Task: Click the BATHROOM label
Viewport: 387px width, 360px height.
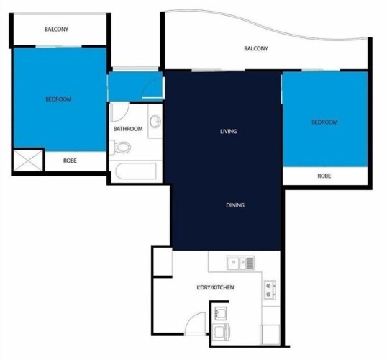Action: tap(128, 129)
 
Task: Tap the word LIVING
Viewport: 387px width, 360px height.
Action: tap(228, 132)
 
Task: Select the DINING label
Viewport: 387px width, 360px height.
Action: tap(235, 205)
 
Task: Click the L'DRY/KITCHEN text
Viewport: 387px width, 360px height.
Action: tap(215, 287)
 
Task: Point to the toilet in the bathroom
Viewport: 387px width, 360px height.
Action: tap(120, 148)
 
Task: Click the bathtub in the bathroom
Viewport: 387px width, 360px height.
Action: tap(136, 171)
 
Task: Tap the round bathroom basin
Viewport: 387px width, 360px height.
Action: tap(155, 122)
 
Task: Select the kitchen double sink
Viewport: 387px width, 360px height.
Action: tap(240, 263)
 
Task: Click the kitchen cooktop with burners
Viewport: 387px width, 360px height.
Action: tap(270, 290)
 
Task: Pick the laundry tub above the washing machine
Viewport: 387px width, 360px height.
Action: tap(221, 313)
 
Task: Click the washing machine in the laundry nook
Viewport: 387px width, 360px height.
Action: tap(222, 332)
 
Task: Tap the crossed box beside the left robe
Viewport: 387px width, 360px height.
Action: tap(28, 161)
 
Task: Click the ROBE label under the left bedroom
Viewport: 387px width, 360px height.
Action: tap(70, 161)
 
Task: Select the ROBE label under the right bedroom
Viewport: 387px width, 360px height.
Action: tap(324, 176)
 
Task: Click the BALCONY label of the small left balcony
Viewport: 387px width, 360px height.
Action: tap(56, 29)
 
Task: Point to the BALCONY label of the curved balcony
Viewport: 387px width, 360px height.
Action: tap(256, 48)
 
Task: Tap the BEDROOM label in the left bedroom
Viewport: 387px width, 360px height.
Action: tap(58, 99)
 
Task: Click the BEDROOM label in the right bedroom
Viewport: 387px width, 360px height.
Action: tap(324, 122)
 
